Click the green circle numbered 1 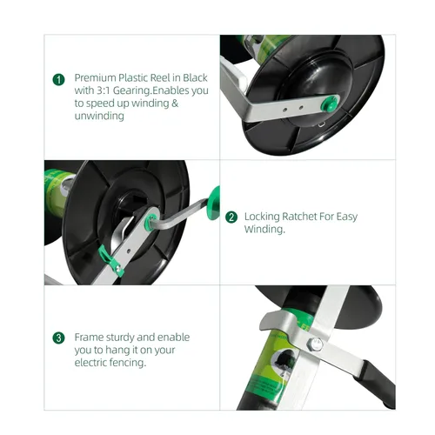coord(59,79)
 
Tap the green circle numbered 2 coord(231,217)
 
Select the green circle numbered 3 coord(58,338)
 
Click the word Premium coord(96,78)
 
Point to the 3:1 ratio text coord(103,90)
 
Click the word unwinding coord(99,116)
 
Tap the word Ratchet coord(299,217)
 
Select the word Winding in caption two coord(264,229)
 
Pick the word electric coord(92,363)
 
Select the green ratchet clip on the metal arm coord(110,260)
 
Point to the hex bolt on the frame coord(315,345)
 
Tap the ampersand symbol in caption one coord(175,103)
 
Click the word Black coord(195,77)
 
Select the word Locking coord(262,217)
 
